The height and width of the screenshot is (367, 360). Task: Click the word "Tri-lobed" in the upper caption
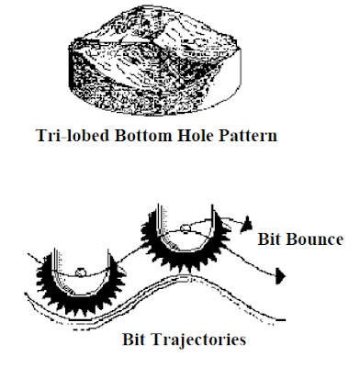pos(109,138)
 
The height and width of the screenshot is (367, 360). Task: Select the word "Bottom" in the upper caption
pos(171,138)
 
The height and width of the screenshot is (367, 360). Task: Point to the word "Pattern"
pos(260,138)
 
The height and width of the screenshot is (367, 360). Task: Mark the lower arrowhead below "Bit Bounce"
pos(280,273)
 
